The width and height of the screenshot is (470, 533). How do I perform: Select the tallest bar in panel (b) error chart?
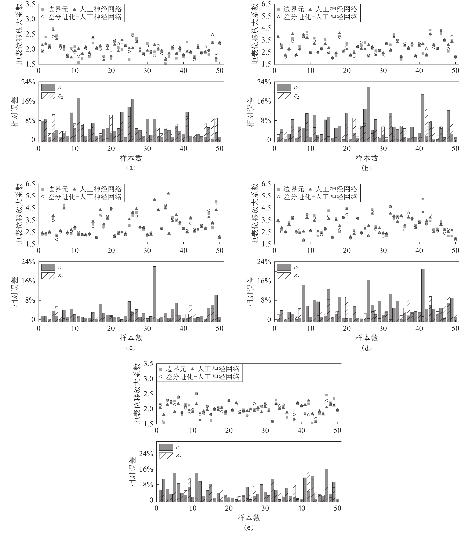pos(368,115)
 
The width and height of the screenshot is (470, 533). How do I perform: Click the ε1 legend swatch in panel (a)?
pos(48,87)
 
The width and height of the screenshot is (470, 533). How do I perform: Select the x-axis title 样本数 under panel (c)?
pos(131,338)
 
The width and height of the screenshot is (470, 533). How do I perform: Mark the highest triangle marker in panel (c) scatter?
pos(168,193)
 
